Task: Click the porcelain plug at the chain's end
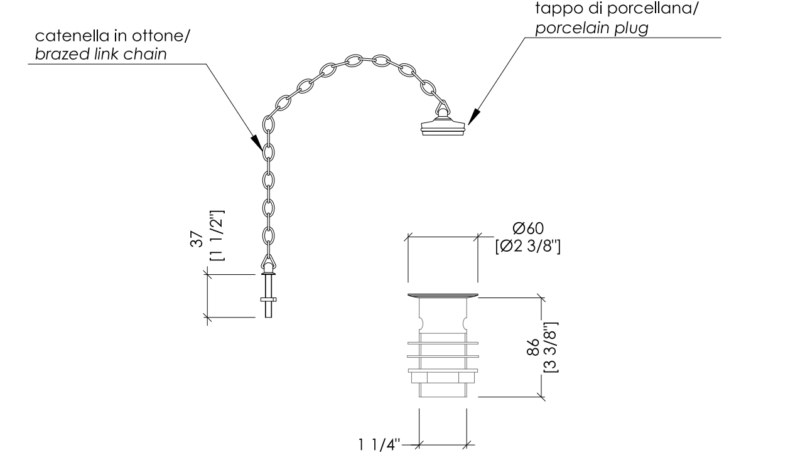tap(443, 126)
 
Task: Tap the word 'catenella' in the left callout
tap(71, 36)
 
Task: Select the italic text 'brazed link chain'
tap(101, 55)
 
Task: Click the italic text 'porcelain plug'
tap(592, 28)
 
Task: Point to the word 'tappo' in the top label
tap(559, 9)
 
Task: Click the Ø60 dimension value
tap(528, 228)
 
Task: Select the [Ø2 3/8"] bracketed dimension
tap(528, 247)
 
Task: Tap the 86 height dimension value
tap(533, 347)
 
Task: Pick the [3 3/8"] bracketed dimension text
tap(551, 347)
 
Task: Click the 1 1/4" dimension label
tap(379, 444)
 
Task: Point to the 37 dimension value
tap(196, 239)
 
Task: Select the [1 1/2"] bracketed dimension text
tap(217, 235)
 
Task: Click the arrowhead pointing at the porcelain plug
tap(474, 116)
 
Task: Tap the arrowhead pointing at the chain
tap(257, 142)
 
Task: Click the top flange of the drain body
tap(443, 296)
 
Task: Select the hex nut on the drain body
tap(443, 378)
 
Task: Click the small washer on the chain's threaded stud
tap(269, 299)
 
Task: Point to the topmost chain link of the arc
tap(354, 61)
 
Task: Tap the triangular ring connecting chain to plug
tap(443, 107)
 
